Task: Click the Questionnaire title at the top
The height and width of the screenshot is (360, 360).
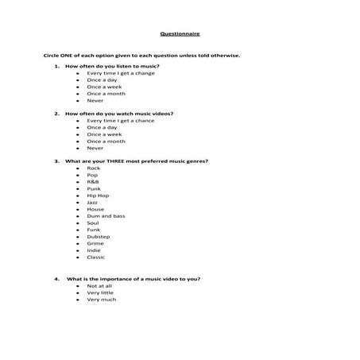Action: pyautogui.click(x=180, y=36)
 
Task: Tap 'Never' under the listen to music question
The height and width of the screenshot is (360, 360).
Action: pyautogui.click(x=95, y=100)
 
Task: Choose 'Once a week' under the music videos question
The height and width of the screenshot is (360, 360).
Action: pyautogui.click(x=106, y=134)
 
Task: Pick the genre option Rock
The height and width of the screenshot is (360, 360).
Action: pyautogui.click(x=94, y=168)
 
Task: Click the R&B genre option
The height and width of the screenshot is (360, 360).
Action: pyautogui.click(x=94, y=182)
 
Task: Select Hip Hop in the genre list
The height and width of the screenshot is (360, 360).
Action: pyautogui.click(x=98, y=195)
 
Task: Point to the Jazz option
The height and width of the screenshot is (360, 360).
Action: pyautogui.click(x=92, y=202)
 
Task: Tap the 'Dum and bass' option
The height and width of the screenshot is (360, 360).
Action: pyautogui.click(x=106, y=216)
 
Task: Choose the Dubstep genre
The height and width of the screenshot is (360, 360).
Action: pyautogui.click(x=98, y=237)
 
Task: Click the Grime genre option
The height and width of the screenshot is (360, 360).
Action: pyautogui.click(x=95, y=243)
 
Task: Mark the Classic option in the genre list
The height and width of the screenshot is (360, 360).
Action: pyautogui.click(x=95, y=257)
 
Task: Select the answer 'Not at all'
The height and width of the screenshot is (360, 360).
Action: pyautogui.click(x=100, y=285)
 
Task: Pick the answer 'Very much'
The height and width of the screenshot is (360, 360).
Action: pyautogui.click(x=101, y=299)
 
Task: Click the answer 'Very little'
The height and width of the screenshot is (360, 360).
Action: pyautogui.click(x=101, y=292)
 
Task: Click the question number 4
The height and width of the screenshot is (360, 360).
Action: pyautogui.click(x=56, y=279)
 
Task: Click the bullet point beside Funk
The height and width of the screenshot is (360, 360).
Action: pyautogui.click(x=76, y=230)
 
